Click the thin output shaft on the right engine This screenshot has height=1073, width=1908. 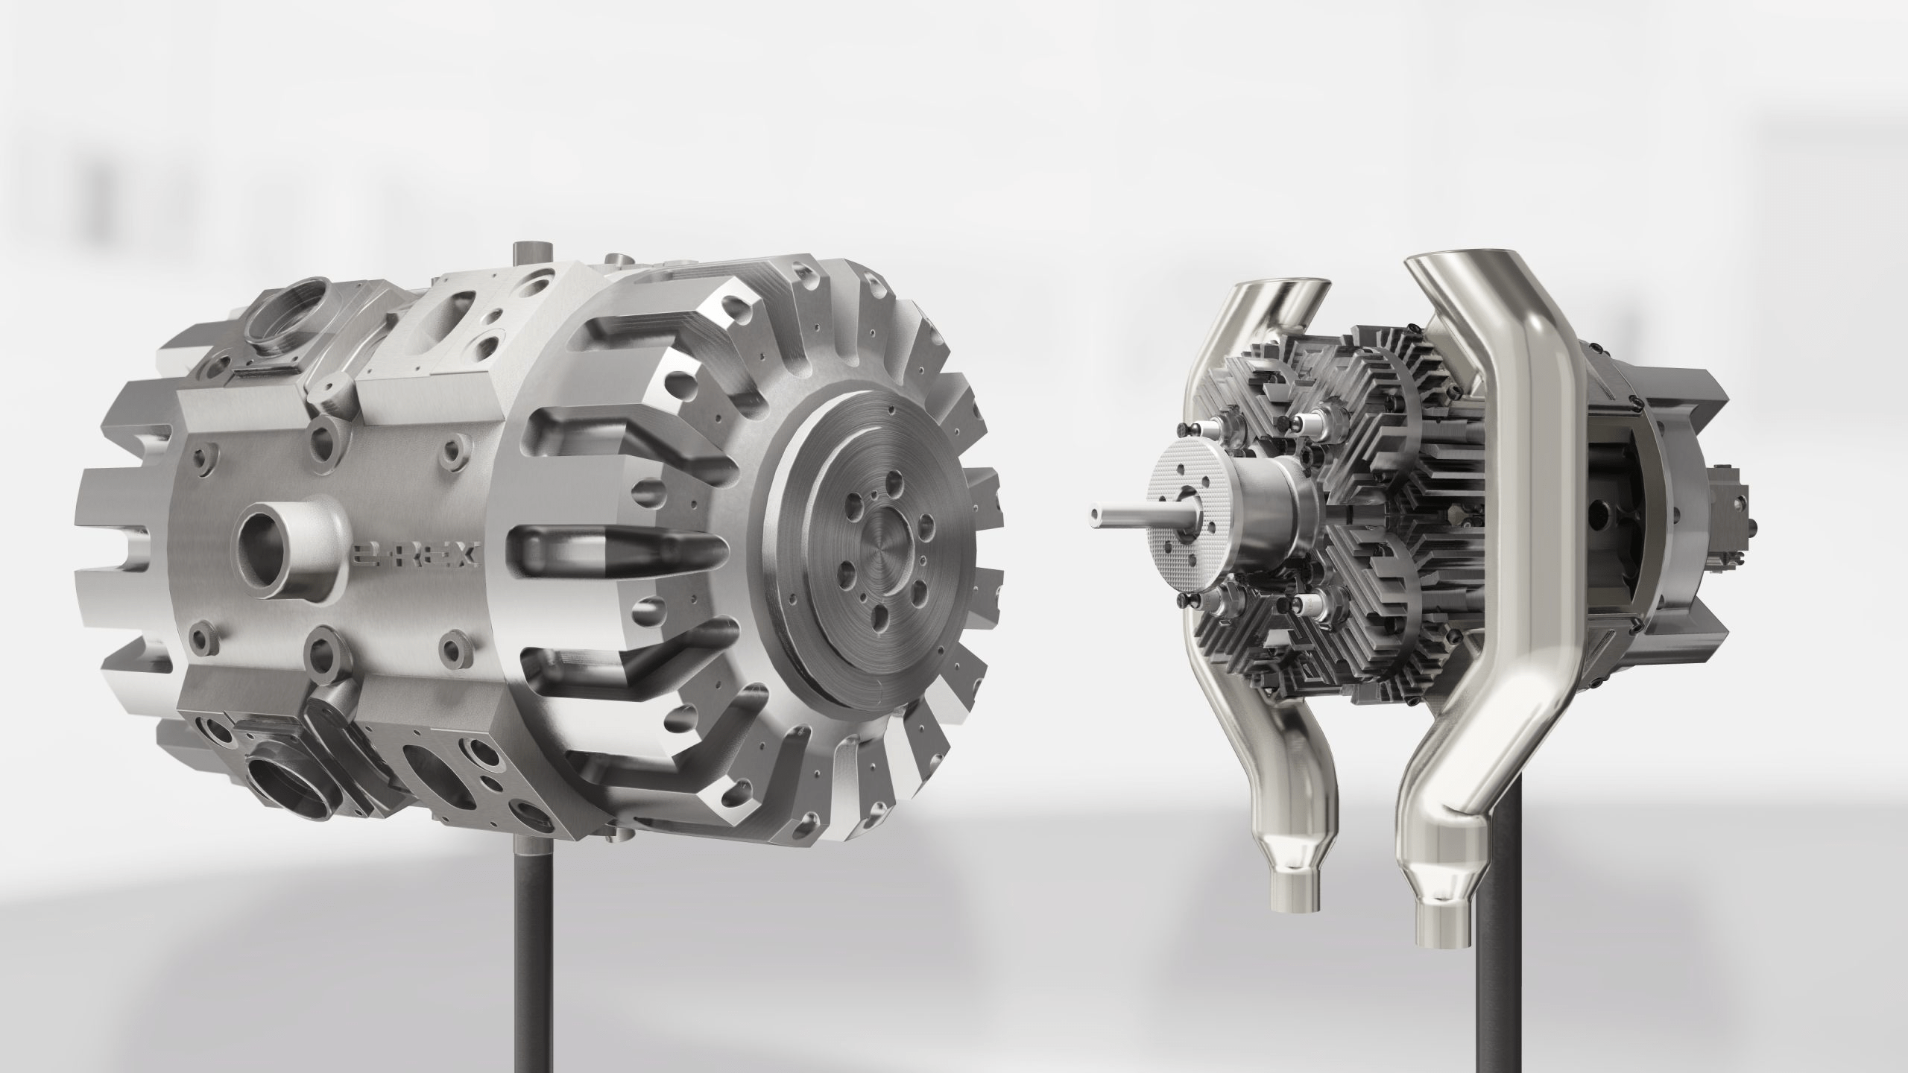(x=1118, y=514)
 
